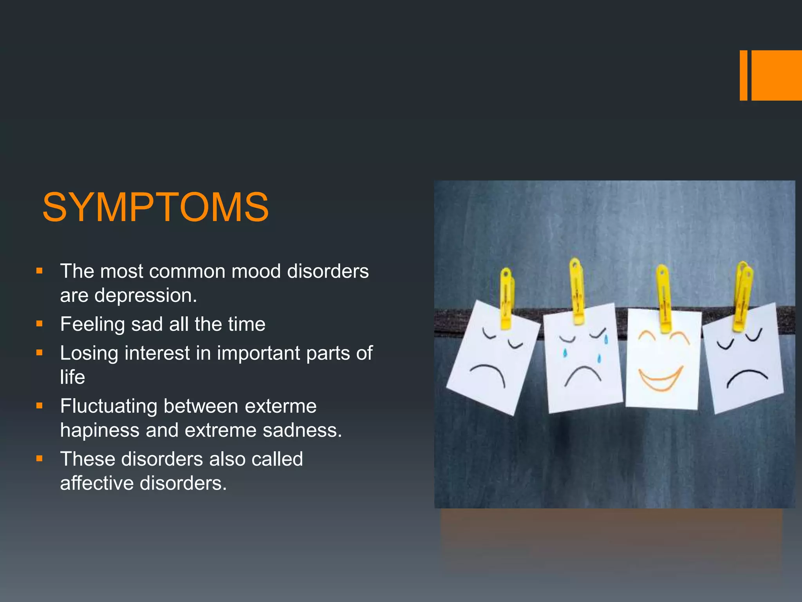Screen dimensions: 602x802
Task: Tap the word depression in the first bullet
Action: (x=145, y=296)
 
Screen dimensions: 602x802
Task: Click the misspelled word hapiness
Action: (x=99, y=430)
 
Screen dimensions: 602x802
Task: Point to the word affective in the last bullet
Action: (x=97, y=483)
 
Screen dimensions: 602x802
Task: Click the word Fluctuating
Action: (x=108, y=406)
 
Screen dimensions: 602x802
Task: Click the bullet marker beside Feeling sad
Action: (x=39, y=324)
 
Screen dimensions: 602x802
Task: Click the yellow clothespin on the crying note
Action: (x=576, y=290)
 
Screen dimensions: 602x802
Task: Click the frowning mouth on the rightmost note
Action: (x=747, y=377)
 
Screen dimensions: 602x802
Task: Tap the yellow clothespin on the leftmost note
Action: (x=506, y=298)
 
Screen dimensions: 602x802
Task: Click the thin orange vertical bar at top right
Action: (x=743, y=75)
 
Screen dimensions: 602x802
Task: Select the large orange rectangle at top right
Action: (x=777, y=75)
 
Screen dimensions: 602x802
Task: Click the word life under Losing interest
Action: (x=72, y=377)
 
